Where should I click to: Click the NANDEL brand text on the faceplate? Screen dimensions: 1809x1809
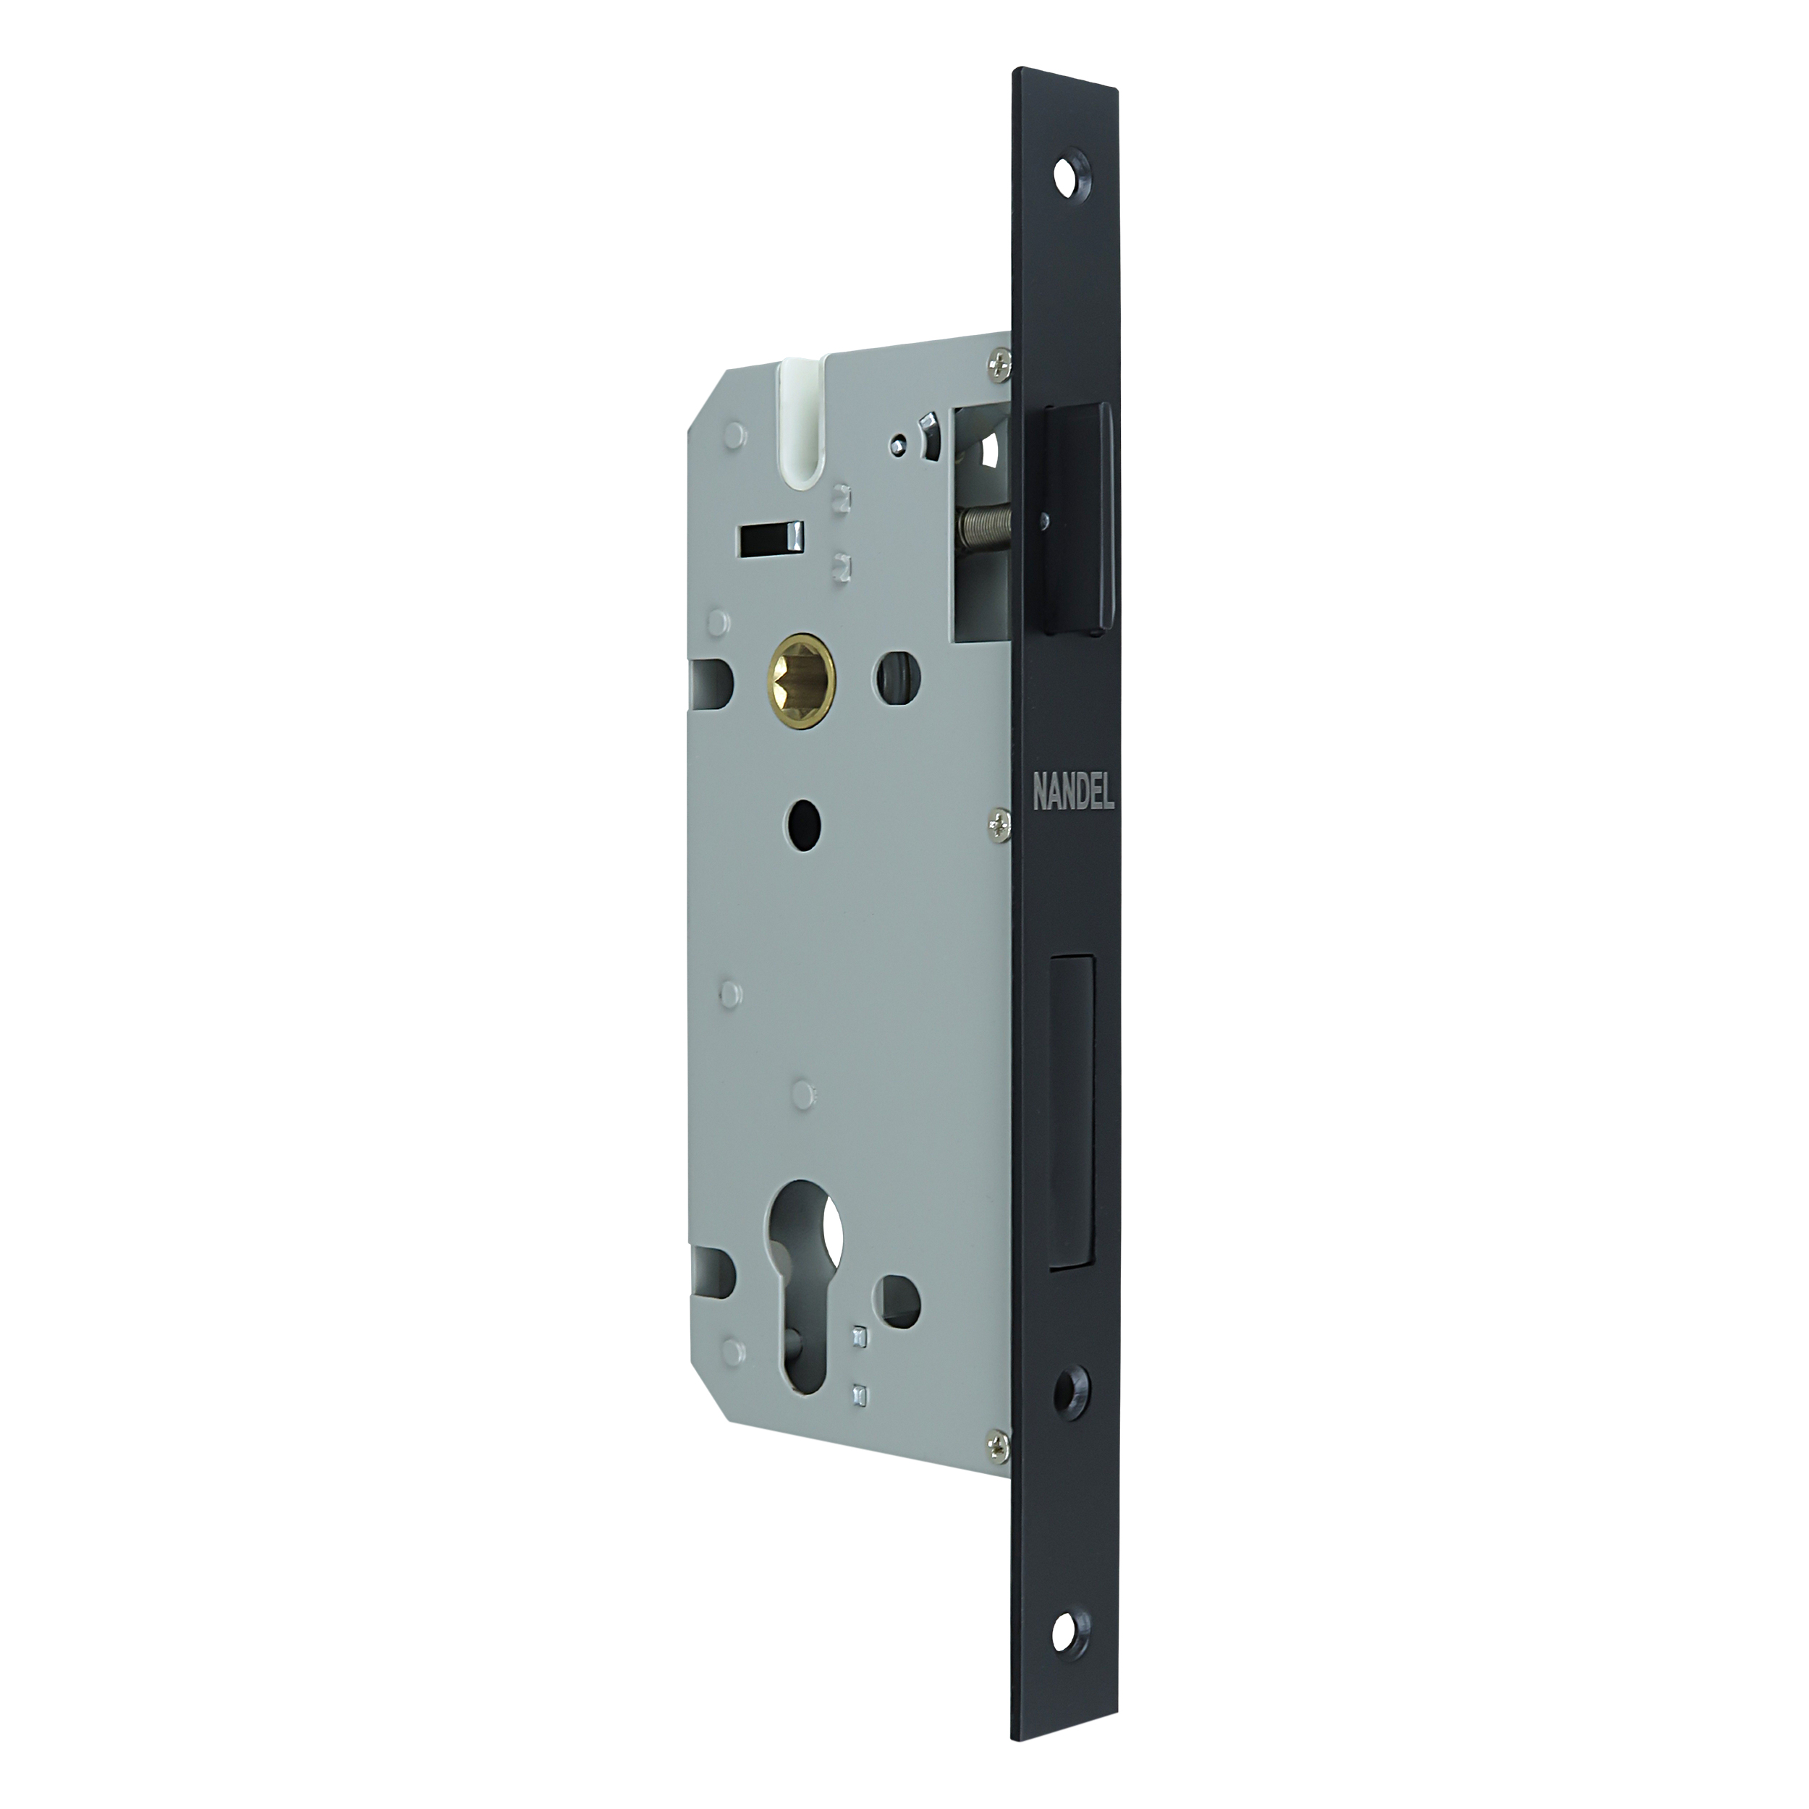coord(1073,794)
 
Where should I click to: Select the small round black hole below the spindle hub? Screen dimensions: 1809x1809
coord(805,821)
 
